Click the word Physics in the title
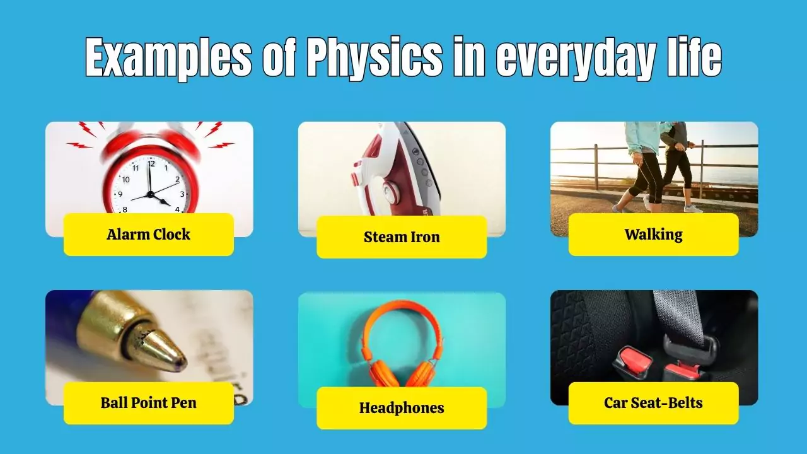pyautogui.click(x=374, y=58)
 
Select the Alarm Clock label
pyautogui.click(x=148, y=235)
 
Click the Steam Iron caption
pyautogui.click(x=402, y=237)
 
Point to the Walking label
pyautogui.click(x=653, y=235)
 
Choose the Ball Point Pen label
pyautogui.click(x=148, y=403)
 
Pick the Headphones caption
pyautogui.click(x=402, y=408)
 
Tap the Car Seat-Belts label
pyautogui.click(x=653, y=403)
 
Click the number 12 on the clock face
pyautogui.click(x=151, y=164)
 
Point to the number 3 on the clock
pyautogui.click(x=182, y=194)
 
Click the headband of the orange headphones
pyautogui.click(x=402, y=309)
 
